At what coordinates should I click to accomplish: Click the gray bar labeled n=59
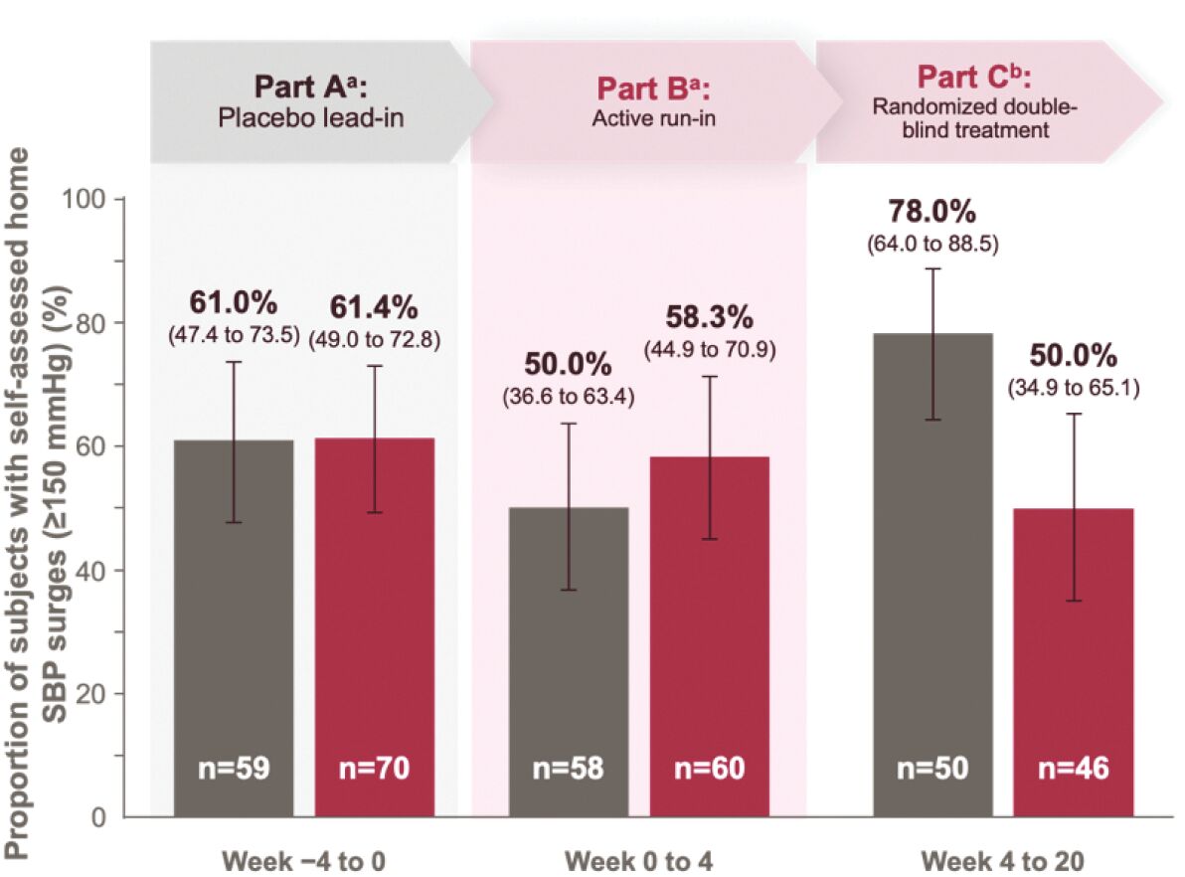(234, 628)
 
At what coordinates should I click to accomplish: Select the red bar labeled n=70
(374, 627)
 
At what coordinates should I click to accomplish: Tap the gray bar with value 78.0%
(932, 575)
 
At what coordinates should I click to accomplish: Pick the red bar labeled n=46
(1074, 662)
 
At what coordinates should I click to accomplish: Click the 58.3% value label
(709, 317)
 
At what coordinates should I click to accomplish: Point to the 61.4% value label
(374, 307)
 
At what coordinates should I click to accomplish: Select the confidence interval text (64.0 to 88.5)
(932, 245)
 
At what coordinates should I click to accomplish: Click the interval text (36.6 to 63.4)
(569, 396)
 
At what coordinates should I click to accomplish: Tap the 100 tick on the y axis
(84, 200)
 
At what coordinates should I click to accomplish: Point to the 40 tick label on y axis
(89, 571)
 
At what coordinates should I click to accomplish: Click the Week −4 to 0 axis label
(304, 861)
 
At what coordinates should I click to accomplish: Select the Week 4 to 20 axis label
(1003, 861)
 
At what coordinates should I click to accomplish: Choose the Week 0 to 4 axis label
(638, 861)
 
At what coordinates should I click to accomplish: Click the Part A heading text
(310, 87)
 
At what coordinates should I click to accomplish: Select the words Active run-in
(654, 118)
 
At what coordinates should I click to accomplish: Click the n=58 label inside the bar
(569, 769)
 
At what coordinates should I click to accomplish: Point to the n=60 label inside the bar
(709, 769)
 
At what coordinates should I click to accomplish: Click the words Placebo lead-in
(310, 118)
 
